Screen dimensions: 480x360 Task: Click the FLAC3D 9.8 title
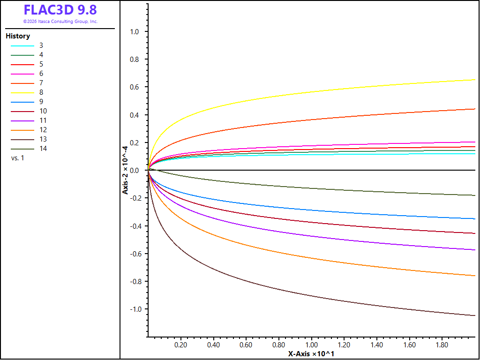60,10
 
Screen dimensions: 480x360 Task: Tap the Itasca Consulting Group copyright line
60,22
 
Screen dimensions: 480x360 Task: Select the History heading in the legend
18,36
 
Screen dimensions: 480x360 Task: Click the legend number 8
41,92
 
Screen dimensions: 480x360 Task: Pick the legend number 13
43,139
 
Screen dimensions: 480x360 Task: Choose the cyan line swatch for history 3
22,46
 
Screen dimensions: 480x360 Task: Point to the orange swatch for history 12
22,130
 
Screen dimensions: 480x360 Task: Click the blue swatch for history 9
22,102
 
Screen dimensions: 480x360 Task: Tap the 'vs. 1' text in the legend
17,158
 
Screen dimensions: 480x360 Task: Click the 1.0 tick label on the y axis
135,32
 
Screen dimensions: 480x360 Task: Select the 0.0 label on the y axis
135,171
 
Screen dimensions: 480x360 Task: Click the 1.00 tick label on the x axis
312,345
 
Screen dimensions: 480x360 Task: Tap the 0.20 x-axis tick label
180,345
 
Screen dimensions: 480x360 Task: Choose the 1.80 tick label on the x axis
442,345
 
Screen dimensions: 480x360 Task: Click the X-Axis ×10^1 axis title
311,354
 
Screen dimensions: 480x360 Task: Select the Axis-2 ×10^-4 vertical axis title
125,170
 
